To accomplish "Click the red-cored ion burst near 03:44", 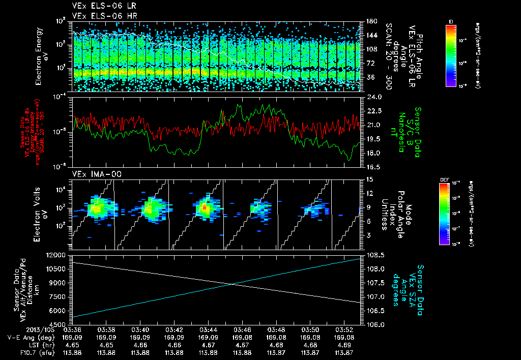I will tap(204, 207).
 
